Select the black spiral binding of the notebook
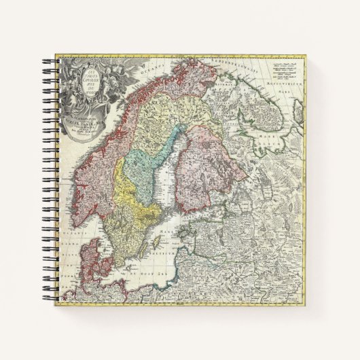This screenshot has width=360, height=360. [52, 183]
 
